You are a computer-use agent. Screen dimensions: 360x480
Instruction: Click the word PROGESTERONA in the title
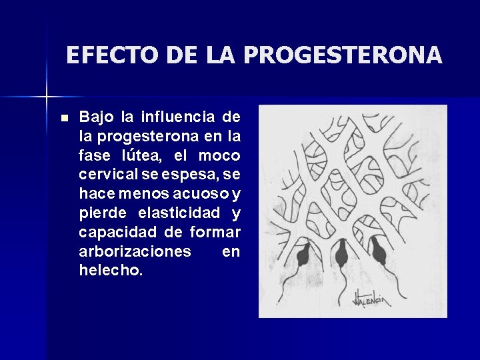coord(342,55)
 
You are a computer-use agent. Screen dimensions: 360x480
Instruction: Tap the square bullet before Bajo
coord(64,118)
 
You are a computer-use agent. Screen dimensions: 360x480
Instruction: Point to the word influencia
coord(177,117)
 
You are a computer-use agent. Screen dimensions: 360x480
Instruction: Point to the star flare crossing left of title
coord(47,97)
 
